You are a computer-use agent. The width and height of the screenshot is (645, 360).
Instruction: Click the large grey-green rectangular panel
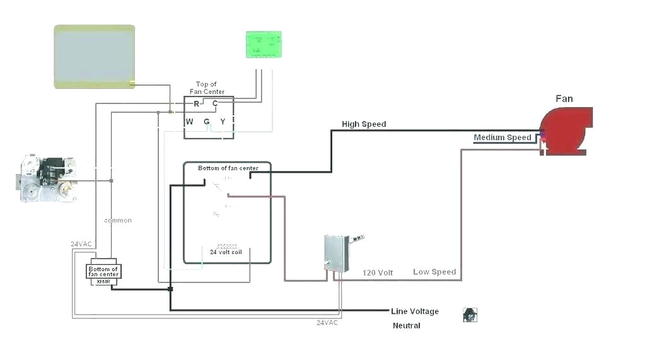pyautogui.click(x=95, y=56)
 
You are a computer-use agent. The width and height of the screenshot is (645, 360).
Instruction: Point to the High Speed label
pyautogui.click(x=364, y=124)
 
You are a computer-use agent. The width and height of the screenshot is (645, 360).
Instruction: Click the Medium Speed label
pyautogui.click(x=503, y=137)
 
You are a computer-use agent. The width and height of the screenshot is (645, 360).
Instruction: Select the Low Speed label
pyautogui.click(x=434, y=272)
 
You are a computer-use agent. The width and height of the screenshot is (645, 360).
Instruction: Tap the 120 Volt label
pyautogui.click(x=378, y=272)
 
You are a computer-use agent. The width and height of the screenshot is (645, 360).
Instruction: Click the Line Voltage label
pyautogui.click(x=414, y=311)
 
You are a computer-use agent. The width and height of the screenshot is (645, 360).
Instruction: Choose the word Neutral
pyautogui.click(x=406, y=325)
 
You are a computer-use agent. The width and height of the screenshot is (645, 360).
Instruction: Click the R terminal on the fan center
pyautogui.click(x=196, y=103)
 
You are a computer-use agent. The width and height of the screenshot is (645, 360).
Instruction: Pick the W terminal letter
pyautogui.click(x=189, y=121)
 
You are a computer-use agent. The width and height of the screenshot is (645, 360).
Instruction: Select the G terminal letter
pyautogui.click(x=206, y=121)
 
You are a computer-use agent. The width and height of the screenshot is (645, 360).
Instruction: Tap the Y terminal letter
pyautogui.click(x=223, y=121)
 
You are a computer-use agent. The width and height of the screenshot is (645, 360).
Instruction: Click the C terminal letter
pyautogui.click(x=214, y=103)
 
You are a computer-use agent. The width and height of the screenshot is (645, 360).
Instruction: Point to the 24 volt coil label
pyautogui.click(x=226, y=252)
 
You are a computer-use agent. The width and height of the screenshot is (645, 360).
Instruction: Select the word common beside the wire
pyautogui.click(x=118, y=220)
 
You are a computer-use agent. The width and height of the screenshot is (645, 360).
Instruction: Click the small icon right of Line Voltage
pyautogui.click(x=470, y=315)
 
